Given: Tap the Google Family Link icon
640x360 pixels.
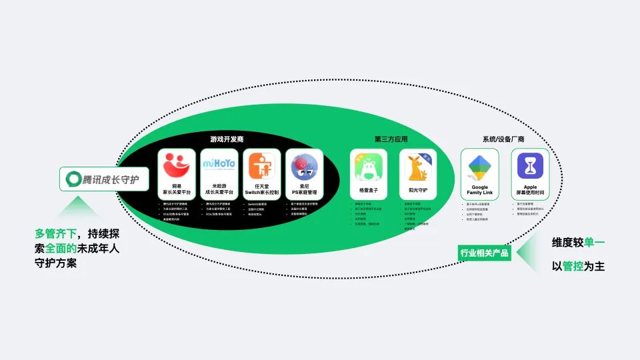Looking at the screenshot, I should pos(480,167).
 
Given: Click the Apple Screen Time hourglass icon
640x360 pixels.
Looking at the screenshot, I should pos(530,167).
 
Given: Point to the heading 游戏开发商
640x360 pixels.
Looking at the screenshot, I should pos(227,140).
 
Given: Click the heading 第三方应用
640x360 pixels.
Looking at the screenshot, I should pos(391,140).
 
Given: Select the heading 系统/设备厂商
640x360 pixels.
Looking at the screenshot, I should pos(503,140).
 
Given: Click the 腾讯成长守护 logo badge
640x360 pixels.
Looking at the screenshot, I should pos(103,179).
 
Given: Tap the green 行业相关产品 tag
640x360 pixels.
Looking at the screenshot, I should pos(485,253).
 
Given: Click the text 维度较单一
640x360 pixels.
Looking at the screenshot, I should pos(578,243).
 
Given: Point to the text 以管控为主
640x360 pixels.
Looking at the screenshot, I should pos(578,266).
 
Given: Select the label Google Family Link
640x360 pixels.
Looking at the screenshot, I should pos(480,190).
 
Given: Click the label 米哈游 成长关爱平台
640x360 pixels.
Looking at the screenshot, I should pos(219,189).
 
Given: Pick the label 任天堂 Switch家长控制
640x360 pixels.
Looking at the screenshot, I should pos(262,189).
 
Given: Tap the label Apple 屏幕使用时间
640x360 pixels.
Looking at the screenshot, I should pos(530,190).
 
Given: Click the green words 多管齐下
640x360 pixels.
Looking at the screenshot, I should pos(57,234).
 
